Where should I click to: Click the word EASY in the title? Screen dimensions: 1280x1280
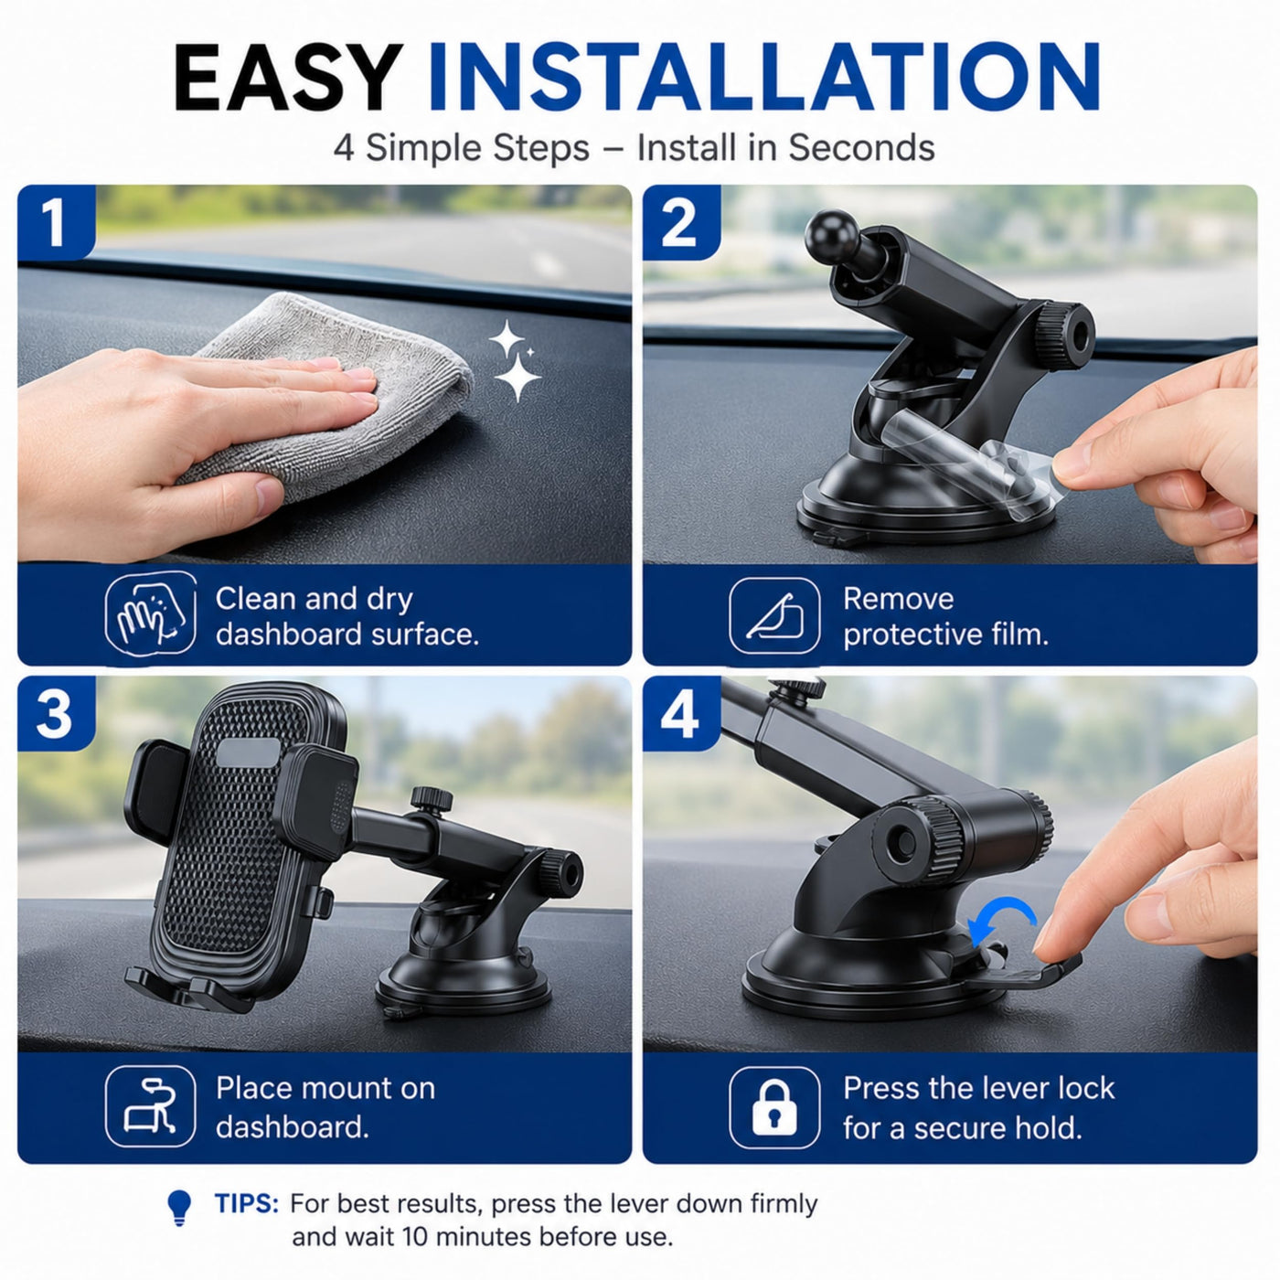coord(288,77)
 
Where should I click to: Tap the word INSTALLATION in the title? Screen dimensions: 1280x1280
coord(764,77)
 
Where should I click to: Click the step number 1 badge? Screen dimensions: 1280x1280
coord(55,222)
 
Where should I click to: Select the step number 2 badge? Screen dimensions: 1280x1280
coord(680,222)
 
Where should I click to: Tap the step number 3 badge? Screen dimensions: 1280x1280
coord(55,714)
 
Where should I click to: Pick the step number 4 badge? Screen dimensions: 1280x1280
coord(680,714)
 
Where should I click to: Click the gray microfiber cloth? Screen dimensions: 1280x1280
coord(332,392)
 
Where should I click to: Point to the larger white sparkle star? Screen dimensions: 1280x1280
coord(517,378)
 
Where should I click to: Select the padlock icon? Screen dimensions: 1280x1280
coord(773,1106)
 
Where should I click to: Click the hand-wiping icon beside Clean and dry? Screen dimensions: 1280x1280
coord(151,613)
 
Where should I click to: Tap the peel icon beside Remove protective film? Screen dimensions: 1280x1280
coord(774,615)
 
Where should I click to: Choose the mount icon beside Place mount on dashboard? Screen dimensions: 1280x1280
coord(151,1106)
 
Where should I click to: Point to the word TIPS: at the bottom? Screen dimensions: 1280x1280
coord(247,1203)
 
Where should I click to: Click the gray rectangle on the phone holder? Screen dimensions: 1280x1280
coord(249,752)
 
